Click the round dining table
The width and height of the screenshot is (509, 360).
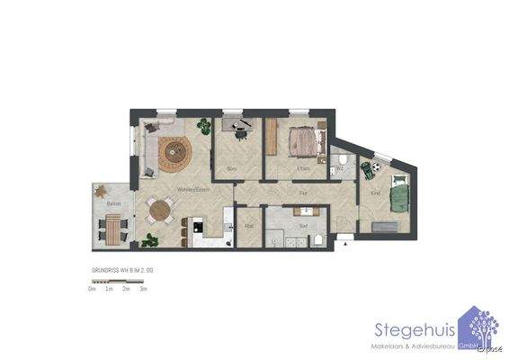pyautogui.click(x=160, y=211)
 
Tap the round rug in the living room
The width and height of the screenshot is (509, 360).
pyautogui.click(x=174, y=155)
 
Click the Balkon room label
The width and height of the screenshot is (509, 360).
pyautogui.click(x=113, y=205)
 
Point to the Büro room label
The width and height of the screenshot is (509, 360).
pyautogui.click(x=231, y=168)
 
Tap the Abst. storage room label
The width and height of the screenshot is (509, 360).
pyautogui.click(x=249, y=225)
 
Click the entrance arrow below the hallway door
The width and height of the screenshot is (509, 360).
pyautogui.click(x=344, y=240)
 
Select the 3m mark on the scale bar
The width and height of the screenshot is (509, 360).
pyautogui.click(x=144, y=289)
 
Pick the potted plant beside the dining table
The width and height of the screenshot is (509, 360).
pyautogui.click(x=147, y=239)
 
